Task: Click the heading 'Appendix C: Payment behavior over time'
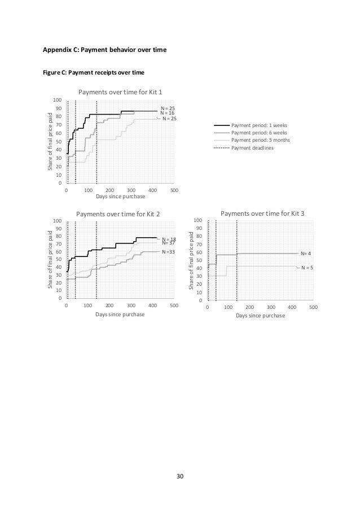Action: pyautogui.click(x=105, y=50)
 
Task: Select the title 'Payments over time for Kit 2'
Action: pyautogui.click(x=118, y=214)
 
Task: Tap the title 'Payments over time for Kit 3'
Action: pyautogui.click(x=262, y=213)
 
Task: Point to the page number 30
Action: pyautogui.click(x=180, y=476)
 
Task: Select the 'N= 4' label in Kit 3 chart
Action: pyautogui.click(x=307, y=254)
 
